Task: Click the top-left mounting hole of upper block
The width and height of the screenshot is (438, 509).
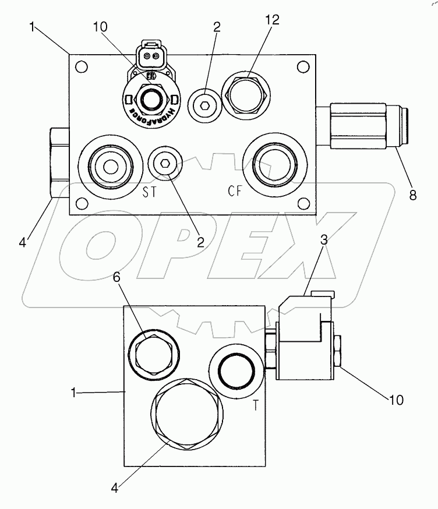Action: point(82,66)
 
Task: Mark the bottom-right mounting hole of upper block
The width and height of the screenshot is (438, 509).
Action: point(302,203)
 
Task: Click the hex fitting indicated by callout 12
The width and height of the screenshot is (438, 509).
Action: point(246,93)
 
